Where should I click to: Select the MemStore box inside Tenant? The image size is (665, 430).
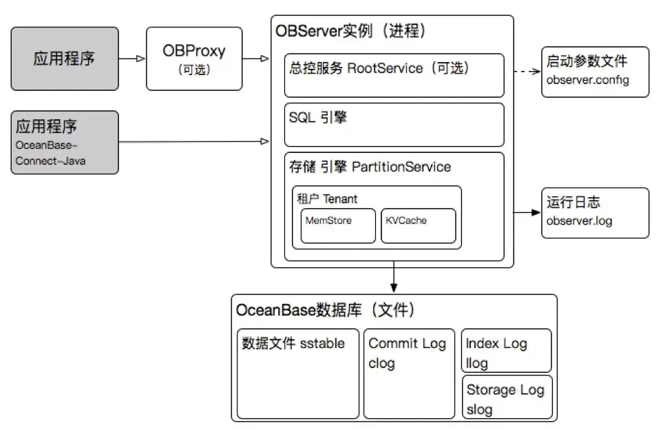click(x=339, y=225)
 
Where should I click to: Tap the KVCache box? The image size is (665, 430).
click(x=418, y=225)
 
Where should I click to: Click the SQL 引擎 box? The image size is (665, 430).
click(x=395, y=125)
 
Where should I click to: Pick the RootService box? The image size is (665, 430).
click(x=395, y=75)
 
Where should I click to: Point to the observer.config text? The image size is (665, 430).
click(x=588, y=80)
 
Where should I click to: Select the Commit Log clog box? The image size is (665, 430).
click(x=409, y=373)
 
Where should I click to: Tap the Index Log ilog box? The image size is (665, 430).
click(x=507, y=351)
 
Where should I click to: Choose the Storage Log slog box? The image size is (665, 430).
click(x=507, y=397)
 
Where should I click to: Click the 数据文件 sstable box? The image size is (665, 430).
click(x=297, y=373)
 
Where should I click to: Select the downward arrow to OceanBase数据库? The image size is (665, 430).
click(x=392, y=278)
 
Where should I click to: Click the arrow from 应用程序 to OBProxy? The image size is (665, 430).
click(x=132, y=59)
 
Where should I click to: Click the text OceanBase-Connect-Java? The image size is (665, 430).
click(x=47, y=153)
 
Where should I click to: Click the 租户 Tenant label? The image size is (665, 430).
click(x=327, y=198)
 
